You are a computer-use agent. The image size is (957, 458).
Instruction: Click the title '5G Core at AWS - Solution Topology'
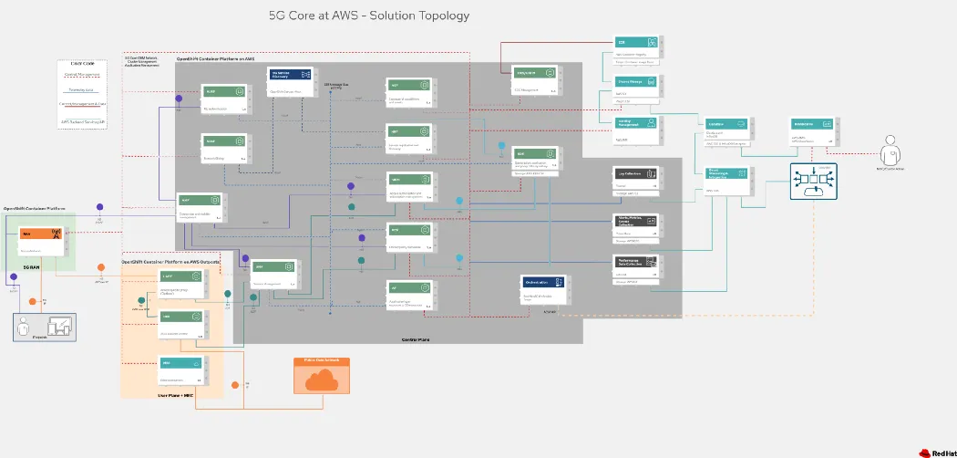coord(369,16)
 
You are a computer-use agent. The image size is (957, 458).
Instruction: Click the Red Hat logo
coord(936,452)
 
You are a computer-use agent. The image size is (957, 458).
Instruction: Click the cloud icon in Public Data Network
coord(321,381)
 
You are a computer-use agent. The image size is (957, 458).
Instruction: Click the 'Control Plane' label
coord(415,339)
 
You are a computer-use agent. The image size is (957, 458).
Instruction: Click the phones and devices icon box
coord(45,327)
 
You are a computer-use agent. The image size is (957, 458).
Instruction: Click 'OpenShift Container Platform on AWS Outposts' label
coord(172,262)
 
